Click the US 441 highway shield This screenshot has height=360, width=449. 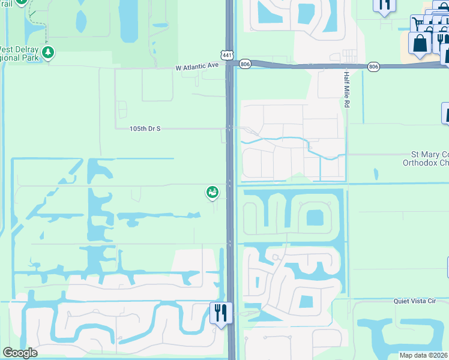(x=227, y=55)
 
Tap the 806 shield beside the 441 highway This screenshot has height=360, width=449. (x=244, y=63)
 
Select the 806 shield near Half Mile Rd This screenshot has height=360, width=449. (x=373, y=67)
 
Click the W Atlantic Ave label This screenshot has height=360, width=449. (x=197, y=67)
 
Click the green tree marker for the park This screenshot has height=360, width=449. (x=48, y=53)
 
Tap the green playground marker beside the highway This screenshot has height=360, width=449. (x=212, y=192)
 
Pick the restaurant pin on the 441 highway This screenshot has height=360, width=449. (x=220, y=313)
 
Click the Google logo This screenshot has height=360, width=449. (x=20, y=353)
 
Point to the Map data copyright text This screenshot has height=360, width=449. (x=424, y=355)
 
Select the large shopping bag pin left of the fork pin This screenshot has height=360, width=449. (x=420, y=43)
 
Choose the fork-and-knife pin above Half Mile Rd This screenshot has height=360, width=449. (x=384, y=5)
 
